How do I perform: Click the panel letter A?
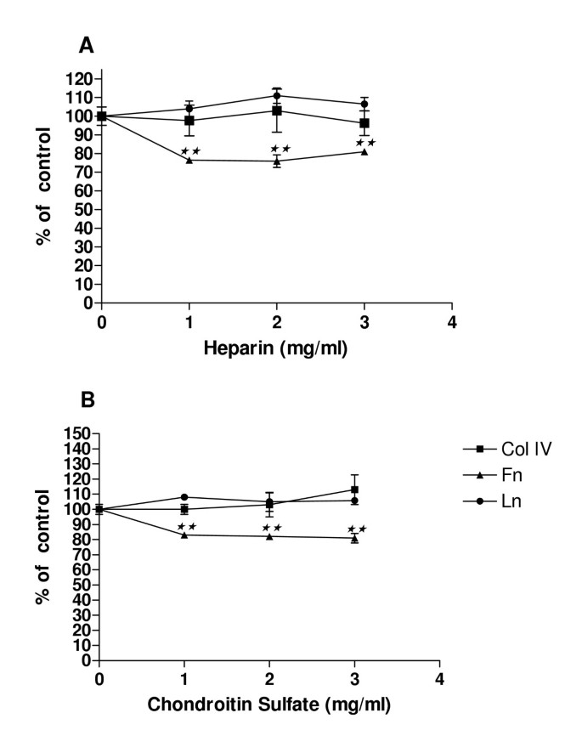point(87,46)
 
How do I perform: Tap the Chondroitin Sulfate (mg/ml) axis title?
point(268,704)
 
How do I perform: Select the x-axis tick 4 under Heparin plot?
point(452,322)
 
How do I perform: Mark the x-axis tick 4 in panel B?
point(439,680)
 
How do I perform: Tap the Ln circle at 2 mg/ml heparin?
point(277,95)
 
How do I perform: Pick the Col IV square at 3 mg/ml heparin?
point(364,123)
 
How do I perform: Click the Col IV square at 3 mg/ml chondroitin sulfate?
point(354,490)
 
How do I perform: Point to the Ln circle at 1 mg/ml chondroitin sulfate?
point(184,497)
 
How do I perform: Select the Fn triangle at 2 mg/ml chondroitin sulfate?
point(269,536)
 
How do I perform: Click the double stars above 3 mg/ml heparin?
point(365,143)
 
